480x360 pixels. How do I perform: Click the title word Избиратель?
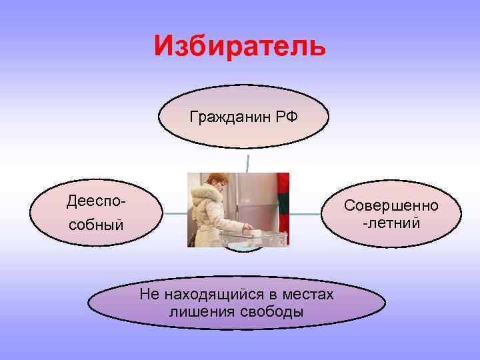(239, 45)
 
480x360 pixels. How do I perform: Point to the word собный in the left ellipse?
(96, 225)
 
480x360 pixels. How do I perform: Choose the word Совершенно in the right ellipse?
(391, 205)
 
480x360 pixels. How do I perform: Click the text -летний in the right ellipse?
(391, 222)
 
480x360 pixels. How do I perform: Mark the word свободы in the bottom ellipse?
(269, 312)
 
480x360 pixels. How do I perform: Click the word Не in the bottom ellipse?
(148, 295)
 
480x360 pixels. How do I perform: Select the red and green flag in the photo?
(283, 193)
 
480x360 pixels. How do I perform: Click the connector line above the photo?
(248, 163)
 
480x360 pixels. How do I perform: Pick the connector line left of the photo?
(175, 213)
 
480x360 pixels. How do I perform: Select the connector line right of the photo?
(306, 214)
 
